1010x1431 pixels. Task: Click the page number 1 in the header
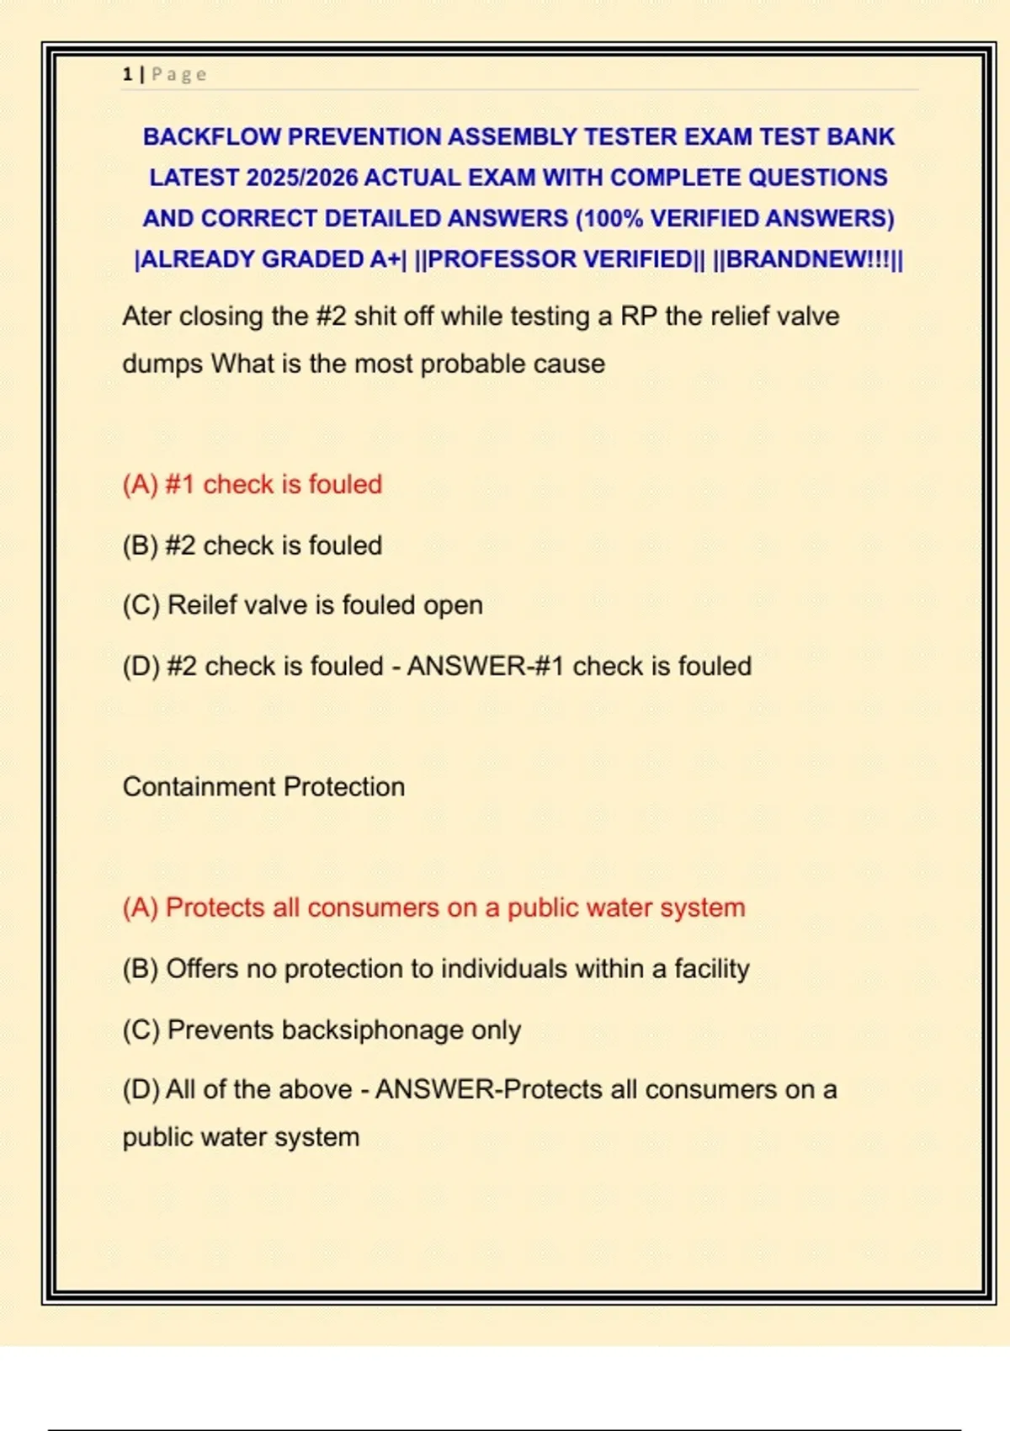(127, 74)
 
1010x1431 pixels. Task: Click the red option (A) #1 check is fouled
(252, 484)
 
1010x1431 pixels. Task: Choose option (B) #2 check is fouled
(252, 545)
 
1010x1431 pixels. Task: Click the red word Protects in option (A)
(215, 907)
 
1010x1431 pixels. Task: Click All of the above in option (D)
(258, 1089)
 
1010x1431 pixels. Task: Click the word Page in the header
(178, 74)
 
